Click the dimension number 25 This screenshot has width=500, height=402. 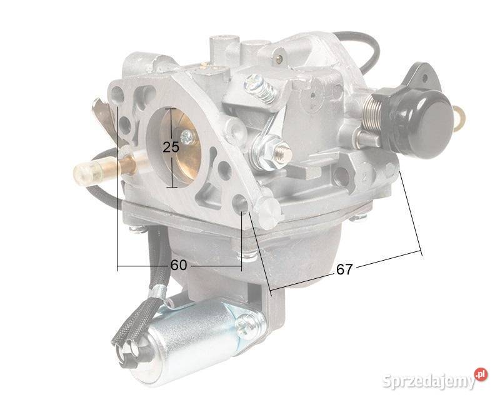(170, 148)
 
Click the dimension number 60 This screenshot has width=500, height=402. (179, 265)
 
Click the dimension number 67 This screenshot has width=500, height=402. (344, 269)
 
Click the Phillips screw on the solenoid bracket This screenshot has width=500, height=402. (249, 323)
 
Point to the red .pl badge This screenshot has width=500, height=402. (480, 373)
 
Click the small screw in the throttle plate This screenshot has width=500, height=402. (186, 136)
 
